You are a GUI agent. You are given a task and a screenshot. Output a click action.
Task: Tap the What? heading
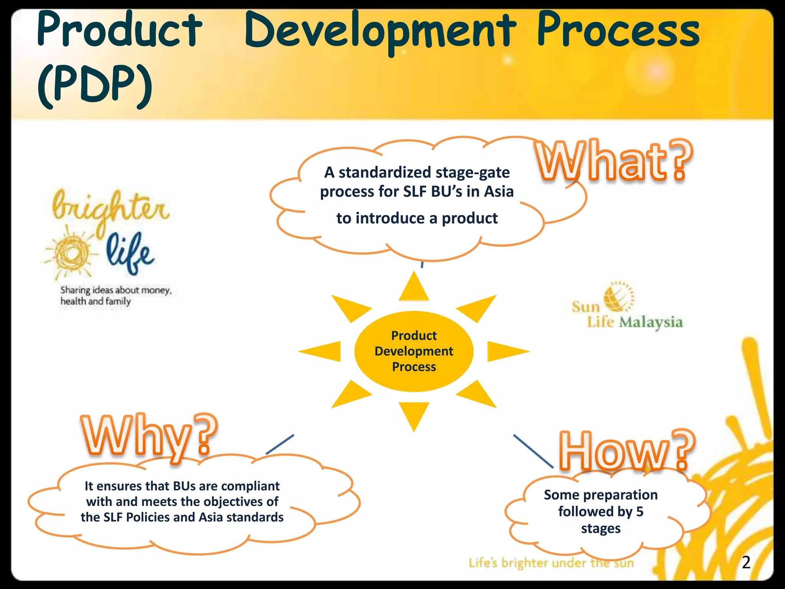click(613, 161)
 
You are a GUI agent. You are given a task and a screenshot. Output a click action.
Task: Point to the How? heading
click(627, 451)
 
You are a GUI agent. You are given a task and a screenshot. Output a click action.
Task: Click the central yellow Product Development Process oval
click(414, 351)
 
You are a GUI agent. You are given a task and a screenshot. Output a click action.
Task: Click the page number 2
click(746, 563)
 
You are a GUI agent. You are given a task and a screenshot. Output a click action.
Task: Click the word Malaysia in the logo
click(651, 322)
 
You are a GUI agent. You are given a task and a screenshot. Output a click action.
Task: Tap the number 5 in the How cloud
click(640, 512)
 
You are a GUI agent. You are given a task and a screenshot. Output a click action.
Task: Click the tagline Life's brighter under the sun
click(551, 563)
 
